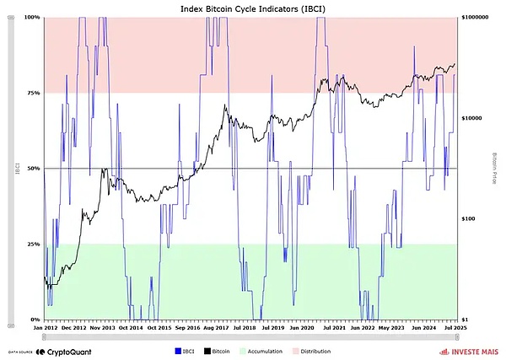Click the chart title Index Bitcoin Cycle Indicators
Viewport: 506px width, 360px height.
250,8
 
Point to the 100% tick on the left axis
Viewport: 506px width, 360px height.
32,17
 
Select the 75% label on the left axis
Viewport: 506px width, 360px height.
33,93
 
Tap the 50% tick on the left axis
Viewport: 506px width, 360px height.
33,169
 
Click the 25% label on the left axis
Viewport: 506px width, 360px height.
33,244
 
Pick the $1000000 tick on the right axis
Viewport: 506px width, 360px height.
474,17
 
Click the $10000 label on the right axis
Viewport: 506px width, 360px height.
471,118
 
